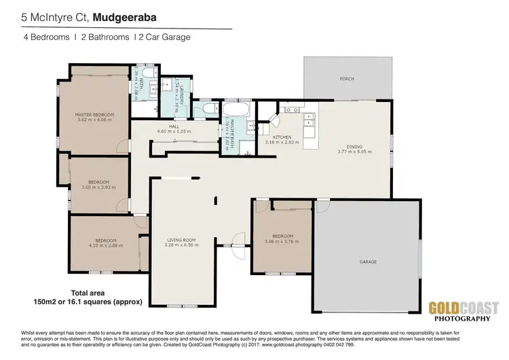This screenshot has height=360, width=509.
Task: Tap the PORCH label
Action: pyautogui.click(x=347, y=79)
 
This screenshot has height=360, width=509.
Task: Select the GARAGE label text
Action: pyautogui.click(x=368, y=262)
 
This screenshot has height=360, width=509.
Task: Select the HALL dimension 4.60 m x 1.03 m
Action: pyautogui.click(x=174, y=130)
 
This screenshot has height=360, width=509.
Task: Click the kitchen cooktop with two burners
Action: pyautogui.click(x=293, y=109)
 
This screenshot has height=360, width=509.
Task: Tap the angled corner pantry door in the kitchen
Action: pyautogui.click(x=274, y=121)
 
